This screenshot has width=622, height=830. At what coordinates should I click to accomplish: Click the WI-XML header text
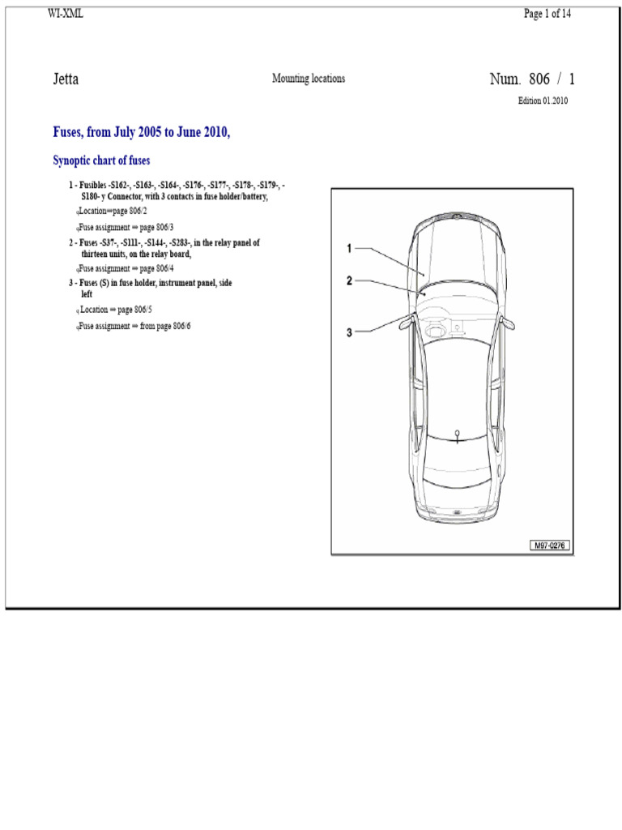(65, 13)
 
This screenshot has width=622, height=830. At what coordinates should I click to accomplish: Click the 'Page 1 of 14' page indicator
(547, 14)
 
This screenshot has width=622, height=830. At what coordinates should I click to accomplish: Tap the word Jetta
(66, 79)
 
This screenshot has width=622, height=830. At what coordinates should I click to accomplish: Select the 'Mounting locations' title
(309, 79)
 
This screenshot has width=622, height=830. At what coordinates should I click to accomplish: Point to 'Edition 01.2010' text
(543, 101)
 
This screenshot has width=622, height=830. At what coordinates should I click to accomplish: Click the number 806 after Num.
(539, 79)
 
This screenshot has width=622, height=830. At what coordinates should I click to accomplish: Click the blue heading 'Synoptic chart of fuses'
(101, 160)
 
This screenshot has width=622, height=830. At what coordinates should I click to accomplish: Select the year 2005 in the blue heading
(150, 132)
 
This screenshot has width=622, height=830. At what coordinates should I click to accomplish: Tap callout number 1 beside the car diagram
(349, 248)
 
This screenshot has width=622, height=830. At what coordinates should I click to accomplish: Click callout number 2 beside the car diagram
(349, 280)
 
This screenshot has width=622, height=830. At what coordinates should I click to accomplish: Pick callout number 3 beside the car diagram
(349, 332)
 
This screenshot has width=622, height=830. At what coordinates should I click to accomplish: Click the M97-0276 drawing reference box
(550, 545)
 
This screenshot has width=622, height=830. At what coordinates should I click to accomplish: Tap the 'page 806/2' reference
(130, 211)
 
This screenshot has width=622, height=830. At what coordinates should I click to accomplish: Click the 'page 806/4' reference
(156, 268)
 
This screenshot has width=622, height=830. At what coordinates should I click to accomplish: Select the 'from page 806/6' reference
(165, 326)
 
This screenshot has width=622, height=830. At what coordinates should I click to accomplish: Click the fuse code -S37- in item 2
(109, 243)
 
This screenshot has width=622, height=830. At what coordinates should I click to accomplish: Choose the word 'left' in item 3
(87, 294)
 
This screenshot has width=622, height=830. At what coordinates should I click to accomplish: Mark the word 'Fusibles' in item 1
(92, 186)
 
